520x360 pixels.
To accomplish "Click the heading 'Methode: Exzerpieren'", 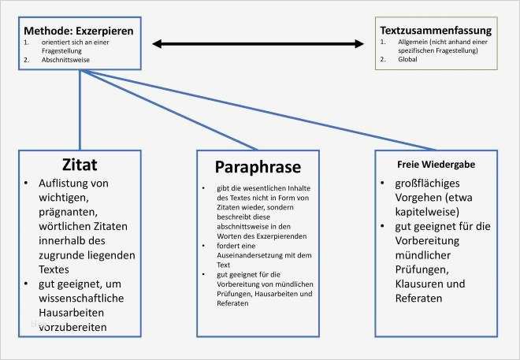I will [x=78, y=30].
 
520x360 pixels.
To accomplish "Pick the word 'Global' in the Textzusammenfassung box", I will [x=397, y=59].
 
